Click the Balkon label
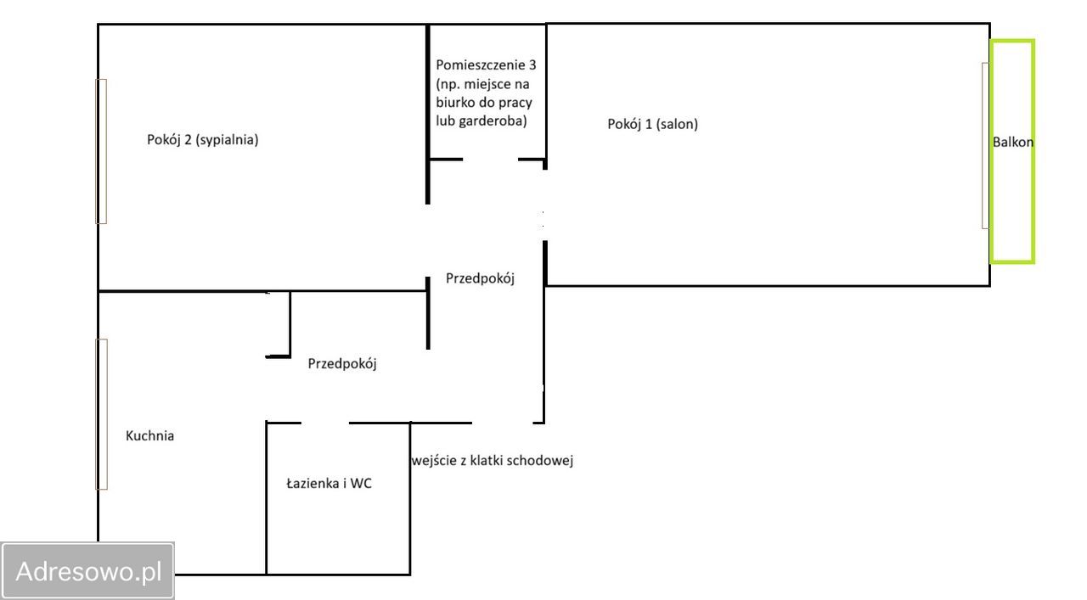click(1013, 143)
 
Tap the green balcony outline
click(1033, 151)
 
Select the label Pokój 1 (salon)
click(652, 124)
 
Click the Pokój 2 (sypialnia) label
click(203, 140)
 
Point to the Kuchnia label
click(149, 436)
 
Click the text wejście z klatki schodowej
click(493, 461)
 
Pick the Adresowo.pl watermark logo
click(88, 570)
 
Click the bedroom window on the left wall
click(101, 151)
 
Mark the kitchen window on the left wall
click(101, 414)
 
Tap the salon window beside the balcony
click(985, 145)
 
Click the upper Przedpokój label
click(480, 278)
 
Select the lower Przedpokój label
click(341, 364)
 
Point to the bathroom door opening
click(325, 422)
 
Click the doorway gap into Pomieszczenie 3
click(490, 159)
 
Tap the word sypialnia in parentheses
click(227, 140)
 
